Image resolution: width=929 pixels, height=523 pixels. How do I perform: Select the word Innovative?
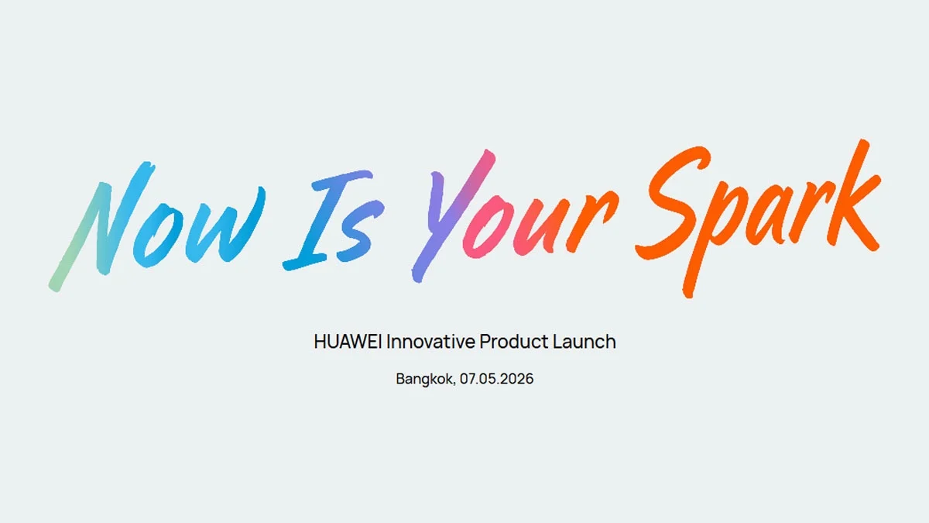pyautogui.click(x=430, y=342)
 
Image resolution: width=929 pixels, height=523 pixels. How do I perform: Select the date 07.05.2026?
pyautogui.click(x=496, y=380)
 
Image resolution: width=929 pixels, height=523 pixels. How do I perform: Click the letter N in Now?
pyautogui.click(x=101, y=225)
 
